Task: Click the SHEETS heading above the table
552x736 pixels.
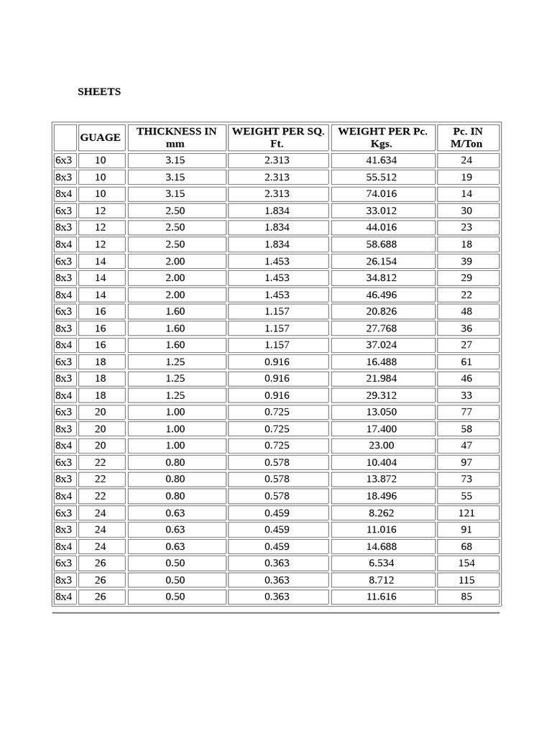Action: pyautogui.click(x=99, y=92)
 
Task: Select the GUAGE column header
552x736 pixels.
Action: pyautogui.click(x=101, y=137)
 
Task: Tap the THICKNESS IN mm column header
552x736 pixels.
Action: pyautogui.click(x=176, y=137)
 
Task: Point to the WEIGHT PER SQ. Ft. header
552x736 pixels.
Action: pyautogui.click(x=277, y=137)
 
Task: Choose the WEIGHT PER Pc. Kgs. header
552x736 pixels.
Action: pyautogui.click(x=382, y=137)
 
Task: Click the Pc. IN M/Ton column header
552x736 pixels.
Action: pyautogui.click(x=468, y=137)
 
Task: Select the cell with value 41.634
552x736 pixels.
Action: pyautogui.click(x=382, y=160)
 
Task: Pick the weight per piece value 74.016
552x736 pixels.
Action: pyautogui.click(x=382, y=193)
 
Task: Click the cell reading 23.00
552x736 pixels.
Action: pyautogui.click(x=382, y=446)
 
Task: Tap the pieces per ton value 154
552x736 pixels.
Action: pyautogui.click(x=467, y=563)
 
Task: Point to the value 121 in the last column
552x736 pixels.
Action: pyautogui.click(x=467, y=512)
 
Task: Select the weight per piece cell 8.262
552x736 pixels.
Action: pyautogui.click(x=382, y=512)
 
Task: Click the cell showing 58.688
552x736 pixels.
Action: pyautogui.click(x=382, y=244)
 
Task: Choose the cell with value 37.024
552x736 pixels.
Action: pyautogui.click(x=382, y=345)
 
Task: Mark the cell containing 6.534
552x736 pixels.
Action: pyautogui.click(x=382, y=563)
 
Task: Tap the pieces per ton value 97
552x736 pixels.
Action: pyautogui.click(x=467, y=462)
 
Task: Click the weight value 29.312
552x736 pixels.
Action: pyautogui.click(x=382, y=395)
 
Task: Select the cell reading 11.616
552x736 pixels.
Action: pyautogui.click(x=382, y=597)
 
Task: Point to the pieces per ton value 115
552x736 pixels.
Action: pyautogui.click(x=467, y=580)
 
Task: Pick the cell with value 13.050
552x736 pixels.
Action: pyautogui.click(x=382, y=412)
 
